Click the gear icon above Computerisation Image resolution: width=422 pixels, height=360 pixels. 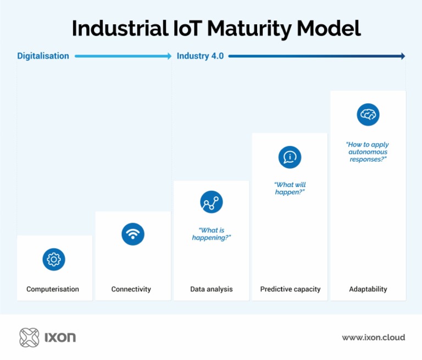point(54,259)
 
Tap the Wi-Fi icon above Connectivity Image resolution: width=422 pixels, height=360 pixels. point(132,234)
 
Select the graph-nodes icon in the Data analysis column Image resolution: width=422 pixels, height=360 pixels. point(211,202)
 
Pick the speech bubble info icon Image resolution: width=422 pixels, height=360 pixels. point(290,157)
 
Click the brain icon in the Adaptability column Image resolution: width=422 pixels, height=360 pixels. point(368,114)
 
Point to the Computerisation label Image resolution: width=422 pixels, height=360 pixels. point(53,289)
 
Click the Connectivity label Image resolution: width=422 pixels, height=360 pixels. point(131,289)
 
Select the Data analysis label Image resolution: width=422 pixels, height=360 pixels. point(211,289)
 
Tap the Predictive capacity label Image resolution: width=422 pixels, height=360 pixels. point(290,289)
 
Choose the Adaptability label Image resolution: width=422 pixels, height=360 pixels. point(368,289)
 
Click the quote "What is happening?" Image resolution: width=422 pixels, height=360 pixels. point(211,234)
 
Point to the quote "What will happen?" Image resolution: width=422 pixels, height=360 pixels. point(290,189)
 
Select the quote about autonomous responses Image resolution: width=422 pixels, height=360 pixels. point(368,152)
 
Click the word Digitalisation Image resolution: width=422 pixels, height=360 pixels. point(43,56)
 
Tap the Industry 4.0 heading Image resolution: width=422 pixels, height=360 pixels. point(200,56)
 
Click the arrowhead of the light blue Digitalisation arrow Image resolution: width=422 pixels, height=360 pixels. point(169,56)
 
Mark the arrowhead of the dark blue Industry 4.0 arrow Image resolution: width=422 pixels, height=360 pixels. point(402,56)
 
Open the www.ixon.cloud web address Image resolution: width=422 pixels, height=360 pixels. point(373,337)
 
